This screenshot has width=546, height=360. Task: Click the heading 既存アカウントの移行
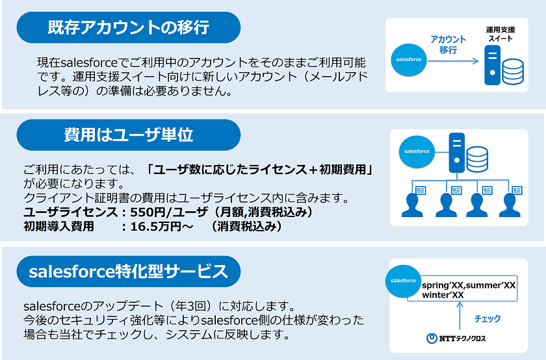[x=129, y=27]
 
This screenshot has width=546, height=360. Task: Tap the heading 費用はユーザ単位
[x=129, y=135]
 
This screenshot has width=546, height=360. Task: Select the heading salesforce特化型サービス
[x=129, y=272]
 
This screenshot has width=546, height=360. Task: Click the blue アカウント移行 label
[x=448, y=44]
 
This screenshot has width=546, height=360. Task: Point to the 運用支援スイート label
[x=500, y=34]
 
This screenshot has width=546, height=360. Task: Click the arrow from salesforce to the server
[x=453, y=61]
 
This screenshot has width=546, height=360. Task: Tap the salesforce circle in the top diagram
[x=409, y=60]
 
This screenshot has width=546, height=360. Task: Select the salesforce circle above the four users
[x=417, y=151]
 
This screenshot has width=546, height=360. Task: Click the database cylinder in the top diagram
[x=513, y=71]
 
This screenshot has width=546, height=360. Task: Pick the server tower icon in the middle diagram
[x=456, y=153]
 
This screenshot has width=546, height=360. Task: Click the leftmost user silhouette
[x=412, y=205]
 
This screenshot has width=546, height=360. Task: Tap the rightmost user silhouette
[x=510, y=205]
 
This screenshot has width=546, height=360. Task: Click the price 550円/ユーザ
[x=169, y=212]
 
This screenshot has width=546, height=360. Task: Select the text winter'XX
[x=443, y=295]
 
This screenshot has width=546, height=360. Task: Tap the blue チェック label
[x=487, y=318]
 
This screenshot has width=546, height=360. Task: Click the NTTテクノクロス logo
[x=456, y=338]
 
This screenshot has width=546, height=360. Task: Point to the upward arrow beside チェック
[x=460, y=315]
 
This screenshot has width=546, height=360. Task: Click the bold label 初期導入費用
[x=58, y=227]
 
